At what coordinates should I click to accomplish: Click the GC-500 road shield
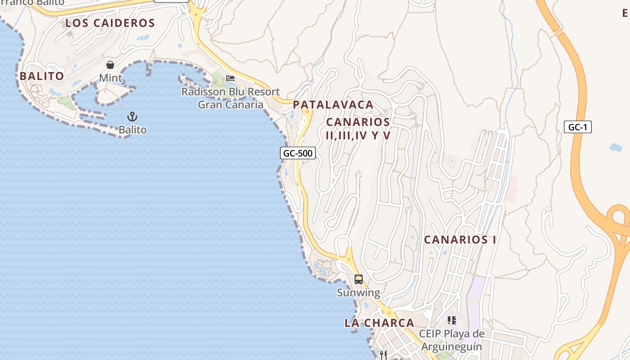[298, 153]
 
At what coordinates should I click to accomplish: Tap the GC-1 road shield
[577, 127]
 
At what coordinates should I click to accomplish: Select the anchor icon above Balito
[132, 117]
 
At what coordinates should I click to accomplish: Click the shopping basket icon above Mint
[110, 65]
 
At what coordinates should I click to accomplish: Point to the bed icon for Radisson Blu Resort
[230, 78]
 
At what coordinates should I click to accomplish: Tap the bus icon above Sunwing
[358, 279]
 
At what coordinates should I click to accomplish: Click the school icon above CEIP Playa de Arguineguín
[452, 320]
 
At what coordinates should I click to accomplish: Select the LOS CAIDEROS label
[110, 23]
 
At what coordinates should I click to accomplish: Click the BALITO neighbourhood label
[42, 76]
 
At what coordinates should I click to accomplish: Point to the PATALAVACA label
[333, 105]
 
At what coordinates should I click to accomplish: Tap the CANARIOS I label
[460, 240]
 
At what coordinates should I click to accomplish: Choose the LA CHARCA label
[379, 323]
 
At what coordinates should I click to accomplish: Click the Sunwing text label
[358, 293]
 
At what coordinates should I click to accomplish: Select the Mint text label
[110, 78]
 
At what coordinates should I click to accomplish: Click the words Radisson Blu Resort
[230, 92]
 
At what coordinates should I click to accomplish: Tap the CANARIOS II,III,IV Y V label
[358, 128]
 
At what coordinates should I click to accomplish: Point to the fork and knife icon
[383, 355]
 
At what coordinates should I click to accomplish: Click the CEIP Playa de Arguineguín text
[451, 340]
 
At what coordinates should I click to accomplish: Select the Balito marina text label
[132, 130]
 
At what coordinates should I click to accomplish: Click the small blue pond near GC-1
[615, 147]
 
